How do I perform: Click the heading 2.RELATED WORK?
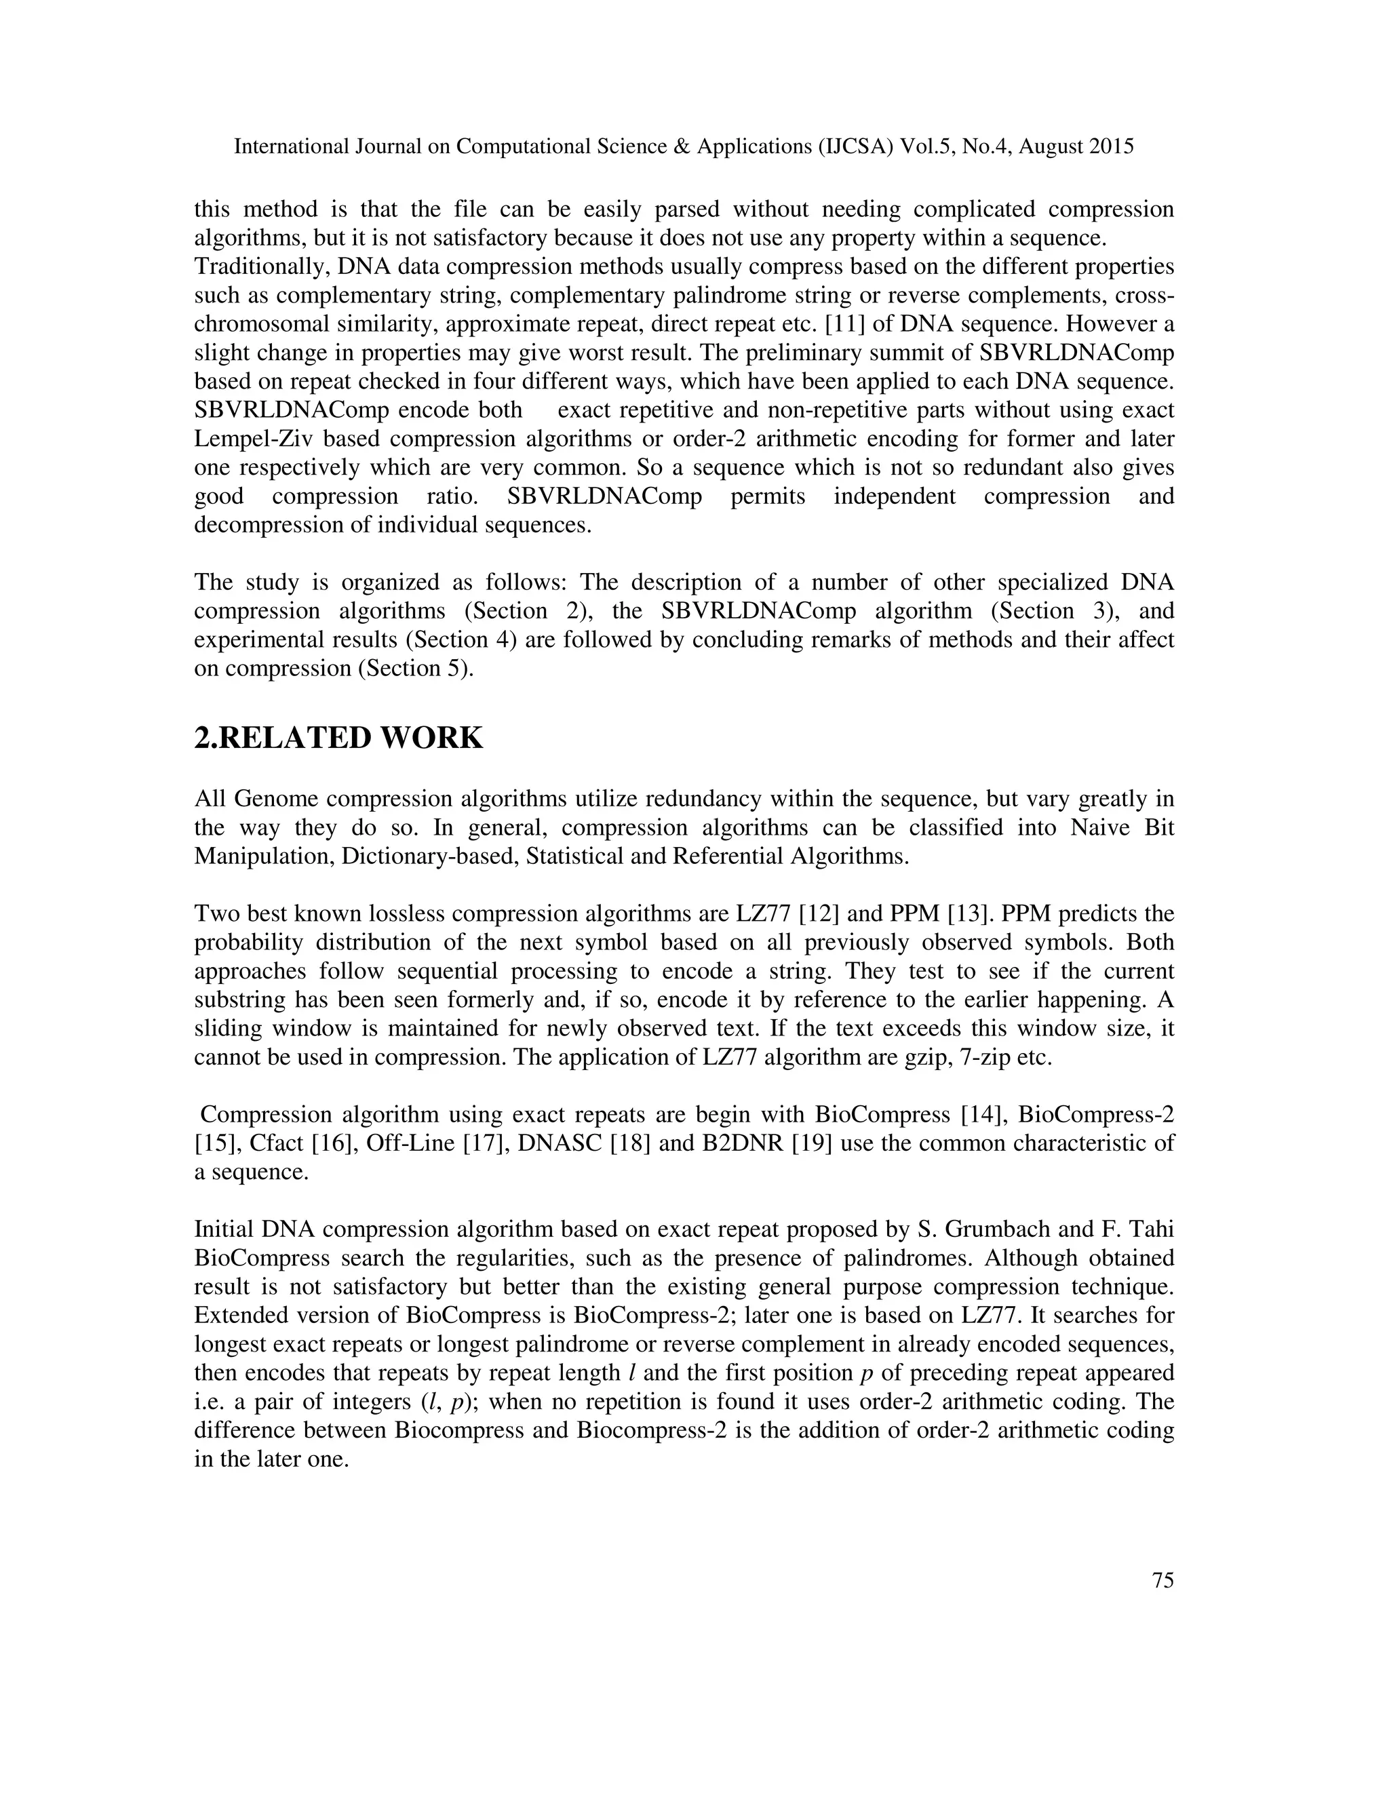click(338, 738)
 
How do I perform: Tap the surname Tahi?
click(1149, 1229)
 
